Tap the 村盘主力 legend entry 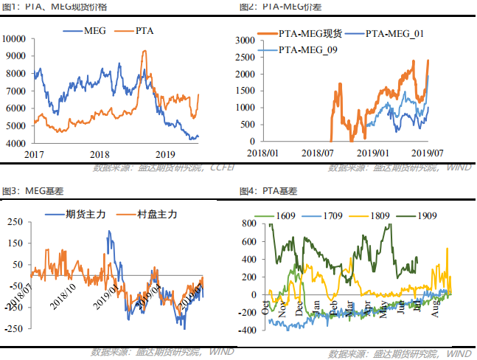(156, 214)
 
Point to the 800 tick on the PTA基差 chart (247, 224)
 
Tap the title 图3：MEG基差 (27, 191)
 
